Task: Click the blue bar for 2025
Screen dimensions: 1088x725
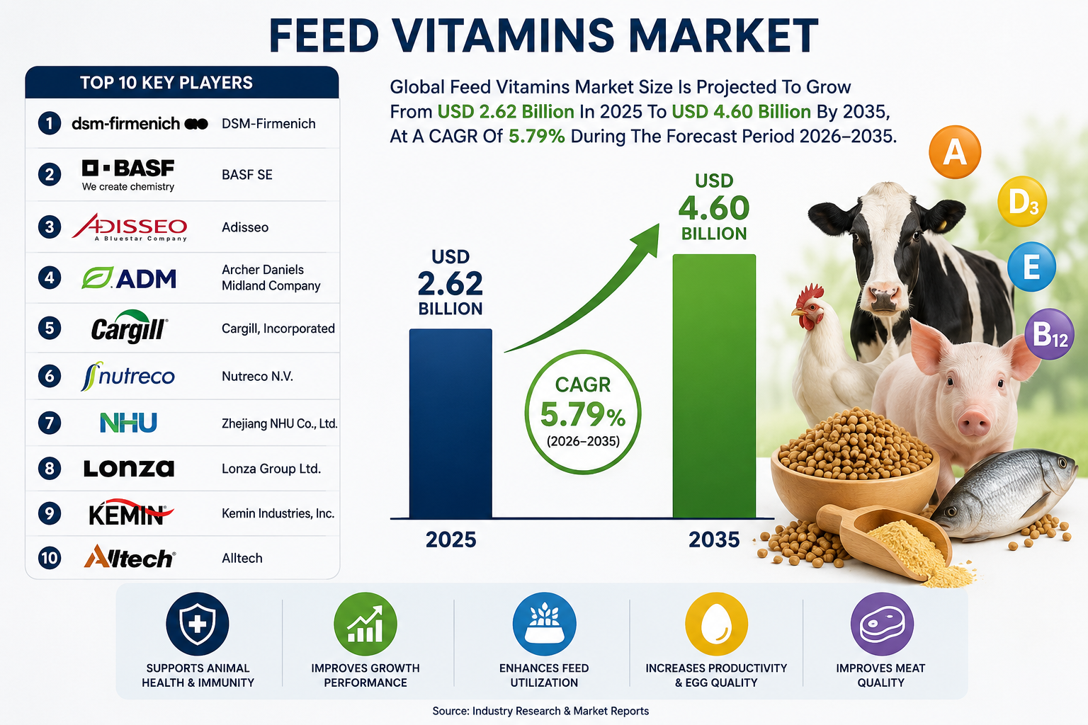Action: [450, 423]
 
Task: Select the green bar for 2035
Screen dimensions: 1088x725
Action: [714, 386]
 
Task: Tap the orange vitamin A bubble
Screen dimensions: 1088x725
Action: [954, 152]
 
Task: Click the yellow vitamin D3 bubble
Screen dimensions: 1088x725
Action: [1022, 201]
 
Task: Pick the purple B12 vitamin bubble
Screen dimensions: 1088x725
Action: [1050, 334]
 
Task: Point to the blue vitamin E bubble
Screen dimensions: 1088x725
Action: [1031, 267]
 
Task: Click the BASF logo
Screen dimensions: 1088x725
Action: [128, 175]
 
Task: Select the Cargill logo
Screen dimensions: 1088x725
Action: [129, 327]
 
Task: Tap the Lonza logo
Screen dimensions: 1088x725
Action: [129, 468]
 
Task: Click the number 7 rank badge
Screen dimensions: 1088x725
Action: [50, 423]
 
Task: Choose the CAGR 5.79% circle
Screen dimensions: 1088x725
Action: [583, 412]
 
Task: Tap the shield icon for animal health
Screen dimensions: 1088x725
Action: [197, 624]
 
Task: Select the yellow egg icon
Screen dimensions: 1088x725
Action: [716, 624]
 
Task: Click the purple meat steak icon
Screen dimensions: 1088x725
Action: [882, 624]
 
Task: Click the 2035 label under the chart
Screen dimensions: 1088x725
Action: [714, 540]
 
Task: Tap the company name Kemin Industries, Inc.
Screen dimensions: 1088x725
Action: [278, 513]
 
